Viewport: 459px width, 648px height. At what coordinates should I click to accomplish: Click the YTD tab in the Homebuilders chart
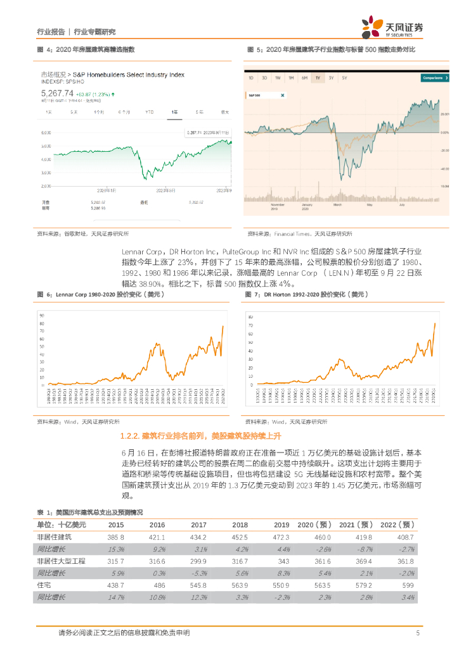[x=150, y=111]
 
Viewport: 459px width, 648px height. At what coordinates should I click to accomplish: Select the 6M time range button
[x=304, y=78]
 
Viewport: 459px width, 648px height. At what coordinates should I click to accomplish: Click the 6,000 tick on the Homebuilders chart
[x=46, y=133]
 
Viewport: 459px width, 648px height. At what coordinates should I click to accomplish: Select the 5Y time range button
[x=344, y=78]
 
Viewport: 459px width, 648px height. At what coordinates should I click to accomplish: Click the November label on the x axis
[x=277, y=204]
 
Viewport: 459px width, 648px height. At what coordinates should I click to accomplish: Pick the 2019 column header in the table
[x=281, y=525]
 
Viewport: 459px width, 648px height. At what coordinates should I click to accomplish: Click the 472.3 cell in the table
[x=281, y=537]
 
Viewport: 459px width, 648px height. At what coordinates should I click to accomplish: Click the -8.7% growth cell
[x=363, y=549]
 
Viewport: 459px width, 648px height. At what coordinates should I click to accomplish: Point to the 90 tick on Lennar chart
[x=42, y=315]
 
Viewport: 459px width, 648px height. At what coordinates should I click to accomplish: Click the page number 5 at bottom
[x=418, y=633]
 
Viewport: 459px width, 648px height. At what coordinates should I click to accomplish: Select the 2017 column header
[x=198, y=525]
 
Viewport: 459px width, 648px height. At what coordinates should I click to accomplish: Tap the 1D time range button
[x=251, y=78]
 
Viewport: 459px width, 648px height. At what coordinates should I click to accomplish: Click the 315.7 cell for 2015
[x=117, y=561]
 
